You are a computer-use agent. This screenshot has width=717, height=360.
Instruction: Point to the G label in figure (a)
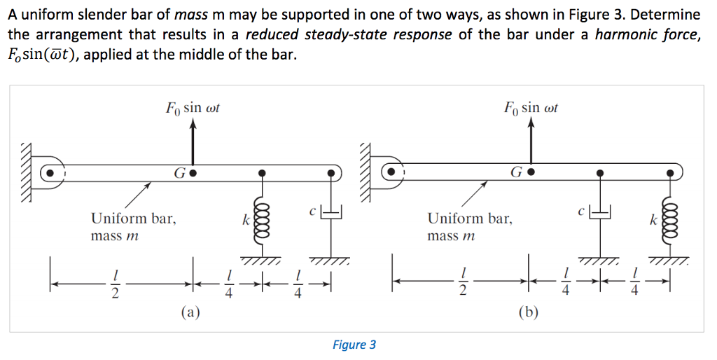tap(180, 172)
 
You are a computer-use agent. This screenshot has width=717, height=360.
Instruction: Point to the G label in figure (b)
tap(517, 172)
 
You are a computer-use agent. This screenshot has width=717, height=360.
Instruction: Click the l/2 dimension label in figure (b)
tap(461, 284)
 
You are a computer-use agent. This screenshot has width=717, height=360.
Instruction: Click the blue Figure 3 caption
tap(354, 344)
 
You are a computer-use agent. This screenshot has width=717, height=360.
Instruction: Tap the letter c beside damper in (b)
tap(580, 209)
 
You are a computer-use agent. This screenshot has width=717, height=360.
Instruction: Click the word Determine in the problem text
tap(666, 15)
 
